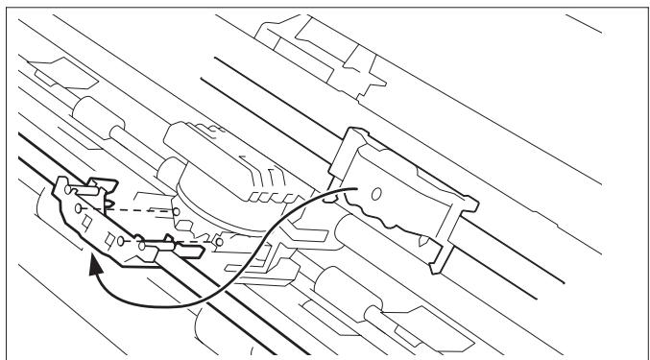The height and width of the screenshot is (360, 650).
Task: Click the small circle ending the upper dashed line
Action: click(x=177, y=209)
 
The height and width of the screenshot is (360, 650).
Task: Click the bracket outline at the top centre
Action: click(x=307, y=42)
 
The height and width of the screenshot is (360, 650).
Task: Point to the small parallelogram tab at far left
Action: click(x=48, y=69)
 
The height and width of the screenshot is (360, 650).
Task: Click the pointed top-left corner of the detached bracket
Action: click(x=60, y=181)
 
